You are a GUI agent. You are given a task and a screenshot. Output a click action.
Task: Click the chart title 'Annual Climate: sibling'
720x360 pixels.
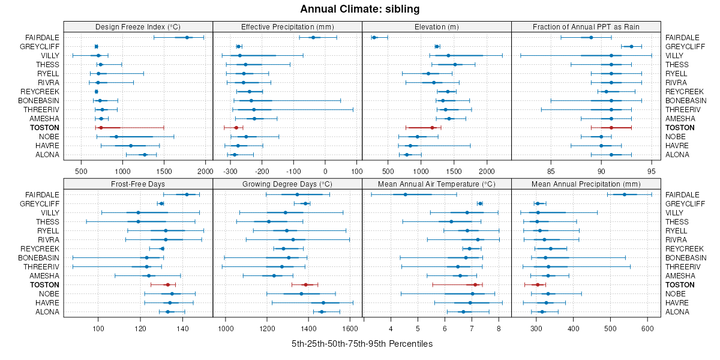click(x=360, y=9)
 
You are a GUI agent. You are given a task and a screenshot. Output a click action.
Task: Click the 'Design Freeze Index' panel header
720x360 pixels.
click(x=138, y=26)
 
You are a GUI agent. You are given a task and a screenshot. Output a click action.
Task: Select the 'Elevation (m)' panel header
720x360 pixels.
click(x=436, y=26)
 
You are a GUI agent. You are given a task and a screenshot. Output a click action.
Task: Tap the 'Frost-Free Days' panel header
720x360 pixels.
click(x=138, y=184)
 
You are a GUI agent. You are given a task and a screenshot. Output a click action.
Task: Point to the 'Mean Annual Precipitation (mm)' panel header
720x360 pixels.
click(x=586, y=184)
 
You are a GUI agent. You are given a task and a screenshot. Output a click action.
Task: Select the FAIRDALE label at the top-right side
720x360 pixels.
click(x=682, y=38)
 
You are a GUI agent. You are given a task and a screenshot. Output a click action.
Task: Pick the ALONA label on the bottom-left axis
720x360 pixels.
click(x=48, y=312)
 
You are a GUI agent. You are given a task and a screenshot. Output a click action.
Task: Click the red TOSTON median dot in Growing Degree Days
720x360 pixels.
click(x=305, y=285)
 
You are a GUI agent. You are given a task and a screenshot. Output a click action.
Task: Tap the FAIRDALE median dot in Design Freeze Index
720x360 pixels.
click(x=187, y=38)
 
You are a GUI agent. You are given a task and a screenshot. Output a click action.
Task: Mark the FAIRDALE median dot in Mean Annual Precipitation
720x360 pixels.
click(x=624, y=194)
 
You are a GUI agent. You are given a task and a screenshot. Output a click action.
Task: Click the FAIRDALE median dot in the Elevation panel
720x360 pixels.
click(x=374, y=38)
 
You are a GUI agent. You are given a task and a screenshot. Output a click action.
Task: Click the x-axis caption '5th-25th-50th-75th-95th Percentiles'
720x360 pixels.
click(x=362, y=344)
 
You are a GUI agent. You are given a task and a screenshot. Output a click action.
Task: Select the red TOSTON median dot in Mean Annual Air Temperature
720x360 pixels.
click(x=475, y=285)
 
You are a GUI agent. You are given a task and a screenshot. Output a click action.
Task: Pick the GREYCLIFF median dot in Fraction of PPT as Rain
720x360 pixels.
click(x=631, y=47)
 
